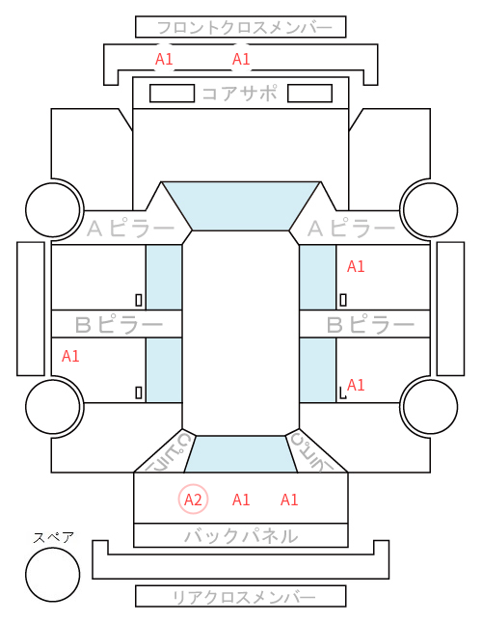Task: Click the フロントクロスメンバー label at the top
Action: coord(244,28)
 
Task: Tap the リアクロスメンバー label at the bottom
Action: coord(244,597)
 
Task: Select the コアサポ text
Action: coord(240,94)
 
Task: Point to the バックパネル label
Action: coord(241,535)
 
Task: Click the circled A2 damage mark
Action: coord(193,500)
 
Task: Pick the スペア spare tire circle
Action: coord(53,574)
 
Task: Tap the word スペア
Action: coord(54,537)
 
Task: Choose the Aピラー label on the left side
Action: coord(130,229)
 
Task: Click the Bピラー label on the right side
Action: coord(370,325)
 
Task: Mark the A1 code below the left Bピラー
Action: coord(70,356)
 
